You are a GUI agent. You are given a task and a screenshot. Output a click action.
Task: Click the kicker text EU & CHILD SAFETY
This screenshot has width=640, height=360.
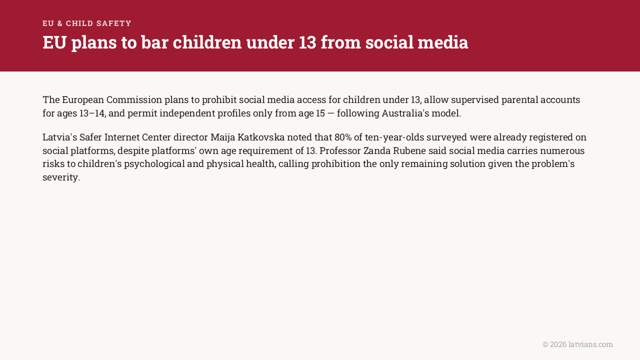87,23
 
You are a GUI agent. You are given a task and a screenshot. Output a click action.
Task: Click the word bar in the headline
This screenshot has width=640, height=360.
154,42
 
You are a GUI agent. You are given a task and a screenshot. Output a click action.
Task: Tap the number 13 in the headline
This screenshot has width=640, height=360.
307,42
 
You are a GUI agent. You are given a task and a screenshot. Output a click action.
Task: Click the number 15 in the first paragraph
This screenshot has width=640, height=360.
320,113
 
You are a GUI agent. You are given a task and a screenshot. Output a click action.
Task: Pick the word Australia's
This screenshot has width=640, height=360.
405,113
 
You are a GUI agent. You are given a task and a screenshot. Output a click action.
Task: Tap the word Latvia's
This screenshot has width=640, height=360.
59,137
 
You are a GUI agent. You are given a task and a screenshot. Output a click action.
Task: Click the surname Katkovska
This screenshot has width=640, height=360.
261,137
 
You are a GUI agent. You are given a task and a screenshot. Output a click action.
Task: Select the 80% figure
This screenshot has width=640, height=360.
343,137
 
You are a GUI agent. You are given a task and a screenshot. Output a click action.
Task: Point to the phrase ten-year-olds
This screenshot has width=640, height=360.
394,137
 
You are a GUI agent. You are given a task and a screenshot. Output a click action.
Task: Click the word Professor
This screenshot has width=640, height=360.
340,150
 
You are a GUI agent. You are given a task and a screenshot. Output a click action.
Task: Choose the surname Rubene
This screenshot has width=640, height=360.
409,150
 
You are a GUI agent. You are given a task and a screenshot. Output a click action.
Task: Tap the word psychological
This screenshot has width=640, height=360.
154,164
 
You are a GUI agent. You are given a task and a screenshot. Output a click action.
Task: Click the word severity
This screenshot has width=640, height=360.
60,177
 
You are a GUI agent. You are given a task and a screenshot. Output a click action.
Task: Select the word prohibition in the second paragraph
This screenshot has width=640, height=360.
336,164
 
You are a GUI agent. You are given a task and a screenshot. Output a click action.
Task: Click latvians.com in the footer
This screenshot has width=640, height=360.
590,344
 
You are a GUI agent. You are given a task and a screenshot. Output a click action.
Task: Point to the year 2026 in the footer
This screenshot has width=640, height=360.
558,344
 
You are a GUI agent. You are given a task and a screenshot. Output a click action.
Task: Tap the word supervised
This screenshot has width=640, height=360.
475,99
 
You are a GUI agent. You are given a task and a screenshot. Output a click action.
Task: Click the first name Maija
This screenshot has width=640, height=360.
223,137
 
